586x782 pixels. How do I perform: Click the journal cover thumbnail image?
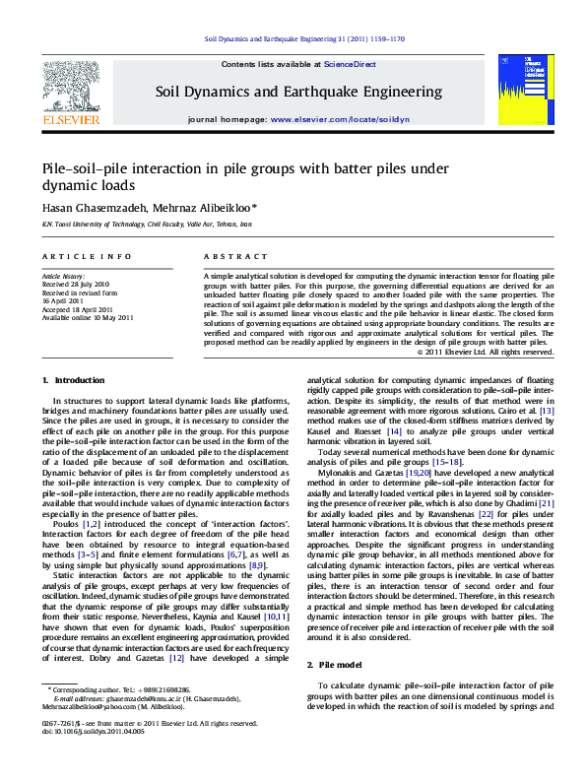coord(520,90)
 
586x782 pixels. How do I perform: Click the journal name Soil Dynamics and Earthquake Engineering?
coord(298,92)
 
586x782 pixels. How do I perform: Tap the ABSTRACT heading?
coord(222,256)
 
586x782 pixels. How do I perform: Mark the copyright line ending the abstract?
coord(485,352)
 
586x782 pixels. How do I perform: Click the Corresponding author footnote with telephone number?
coord(120,690)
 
